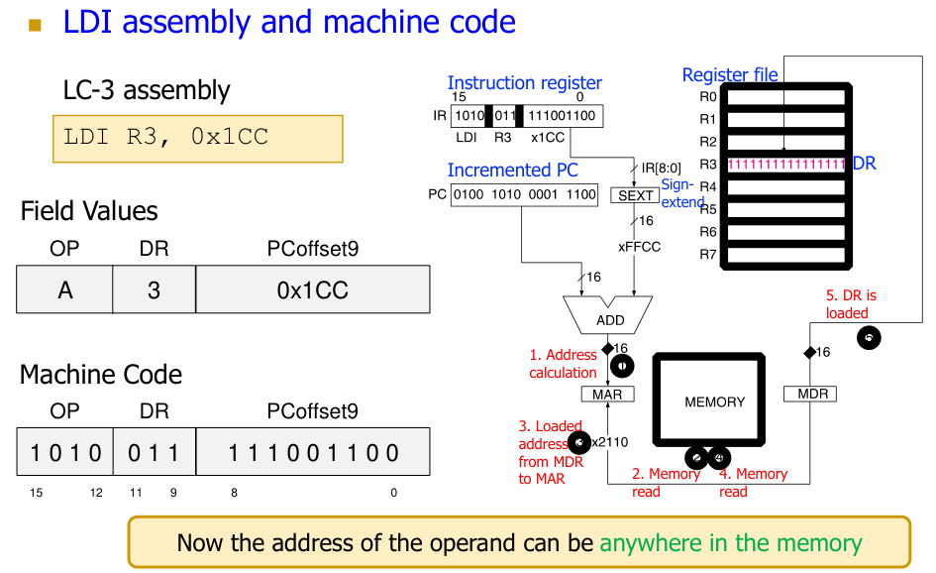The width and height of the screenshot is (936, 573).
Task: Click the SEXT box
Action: tap(635, 195)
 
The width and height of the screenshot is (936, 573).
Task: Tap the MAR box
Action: tap(607, 395)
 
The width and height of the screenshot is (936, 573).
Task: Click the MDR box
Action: tap(810, 395)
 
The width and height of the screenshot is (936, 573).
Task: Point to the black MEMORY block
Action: tap(714, 401)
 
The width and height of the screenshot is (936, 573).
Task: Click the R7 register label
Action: tap(707, 254)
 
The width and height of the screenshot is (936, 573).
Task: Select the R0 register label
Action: tap(707, 97)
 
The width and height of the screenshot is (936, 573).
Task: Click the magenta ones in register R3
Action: tap(785, 164)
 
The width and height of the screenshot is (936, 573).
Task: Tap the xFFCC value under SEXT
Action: tap(640, 247)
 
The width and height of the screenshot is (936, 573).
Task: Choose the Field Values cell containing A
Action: tap(65, 290)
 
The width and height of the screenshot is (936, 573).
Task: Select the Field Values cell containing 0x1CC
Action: tap(313, 290)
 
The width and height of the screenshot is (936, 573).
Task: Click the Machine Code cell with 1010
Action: tap(65, 453)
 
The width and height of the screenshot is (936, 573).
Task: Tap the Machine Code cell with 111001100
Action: tap(313, 453)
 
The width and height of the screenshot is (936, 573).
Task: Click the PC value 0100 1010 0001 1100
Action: tap(525, 195)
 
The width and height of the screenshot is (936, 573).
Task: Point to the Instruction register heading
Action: tap(524, 83)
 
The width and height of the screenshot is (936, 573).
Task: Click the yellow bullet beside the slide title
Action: tap(36, 24)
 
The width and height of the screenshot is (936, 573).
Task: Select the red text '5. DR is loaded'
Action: tap(851, 304)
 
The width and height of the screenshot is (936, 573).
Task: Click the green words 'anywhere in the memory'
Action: tap(731, 543)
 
